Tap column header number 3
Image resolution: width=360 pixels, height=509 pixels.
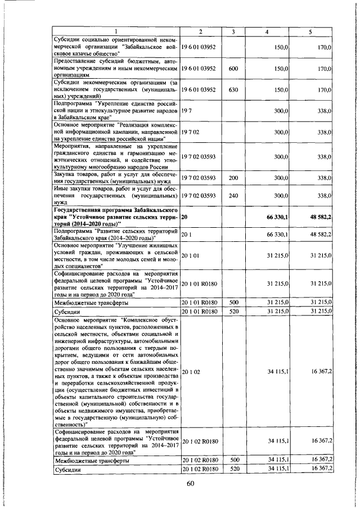point(233,31)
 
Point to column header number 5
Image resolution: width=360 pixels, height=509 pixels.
point(309,31)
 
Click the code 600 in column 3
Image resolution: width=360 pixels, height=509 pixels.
point(233,69)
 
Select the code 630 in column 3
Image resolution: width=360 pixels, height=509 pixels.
point(233,89)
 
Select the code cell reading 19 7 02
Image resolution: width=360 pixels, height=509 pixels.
point(191,132)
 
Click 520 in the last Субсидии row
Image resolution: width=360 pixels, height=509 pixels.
point(233,468)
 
